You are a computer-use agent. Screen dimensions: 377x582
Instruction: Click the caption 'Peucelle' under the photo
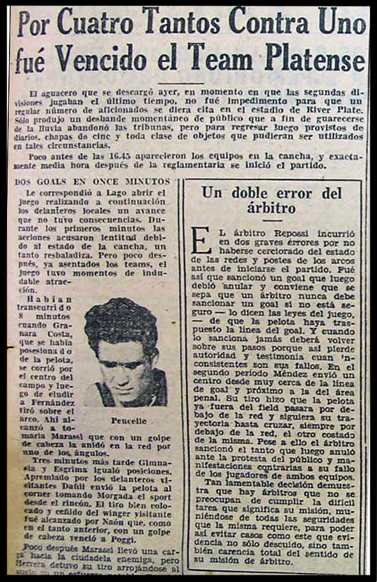[x=128, y=421]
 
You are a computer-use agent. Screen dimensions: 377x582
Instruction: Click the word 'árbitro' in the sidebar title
[x=273, y=208]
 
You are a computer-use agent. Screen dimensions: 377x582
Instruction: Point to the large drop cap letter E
[x=201, y=241]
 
